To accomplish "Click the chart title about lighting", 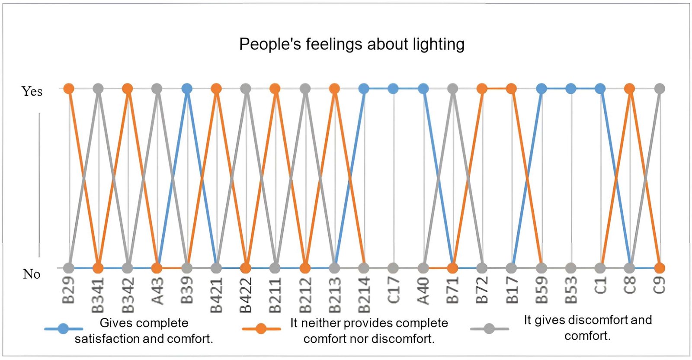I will pos(352,44).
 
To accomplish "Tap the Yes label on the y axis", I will pos(32,91).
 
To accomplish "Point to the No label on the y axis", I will pos(32,274).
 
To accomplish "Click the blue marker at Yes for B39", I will pos(187,89).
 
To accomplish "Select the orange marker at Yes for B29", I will pos(69,89).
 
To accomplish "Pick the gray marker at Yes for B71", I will pos(452,89).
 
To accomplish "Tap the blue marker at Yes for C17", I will pos(393,89).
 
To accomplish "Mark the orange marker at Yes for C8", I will pos(630,89).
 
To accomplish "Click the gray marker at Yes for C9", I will pos(659,89).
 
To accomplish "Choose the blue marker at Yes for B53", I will pos(571,89).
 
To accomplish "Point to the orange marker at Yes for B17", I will pos(511,89).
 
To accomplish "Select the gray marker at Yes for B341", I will pos(98,89).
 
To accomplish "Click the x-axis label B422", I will pos(246,295).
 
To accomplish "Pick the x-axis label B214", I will pos(364,295).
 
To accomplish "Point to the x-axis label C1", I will pos(600,286).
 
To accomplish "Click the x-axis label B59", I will pos(541,290).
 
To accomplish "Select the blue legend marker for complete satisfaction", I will pos(64,329).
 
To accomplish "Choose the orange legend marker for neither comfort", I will pos(261,329).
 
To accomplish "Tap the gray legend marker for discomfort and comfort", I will pos(489,329).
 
